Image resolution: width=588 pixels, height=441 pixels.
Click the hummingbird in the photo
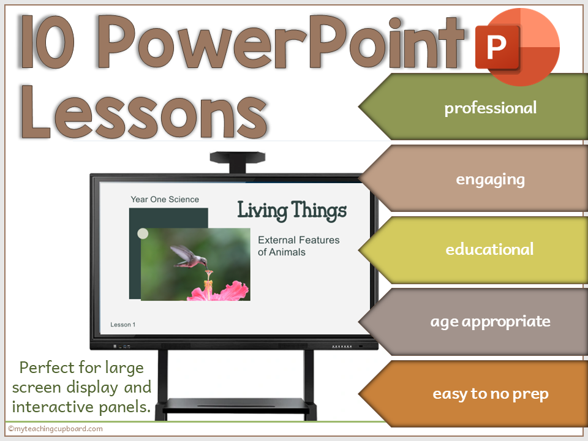click(187, 256)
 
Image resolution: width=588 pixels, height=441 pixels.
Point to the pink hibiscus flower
click(217, 290)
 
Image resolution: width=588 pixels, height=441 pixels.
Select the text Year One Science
click(165, 199)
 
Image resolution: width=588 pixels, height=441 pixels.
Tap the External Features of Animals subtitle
click(298, 246)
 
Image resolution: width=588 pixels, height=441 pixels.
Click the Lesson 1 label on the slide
click(123, 325)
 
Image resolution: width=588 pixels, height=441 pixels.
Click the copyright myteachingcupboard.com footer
click(55, 429)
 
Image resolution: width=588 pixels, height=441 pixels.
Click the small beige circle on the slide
click(143, 233)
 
